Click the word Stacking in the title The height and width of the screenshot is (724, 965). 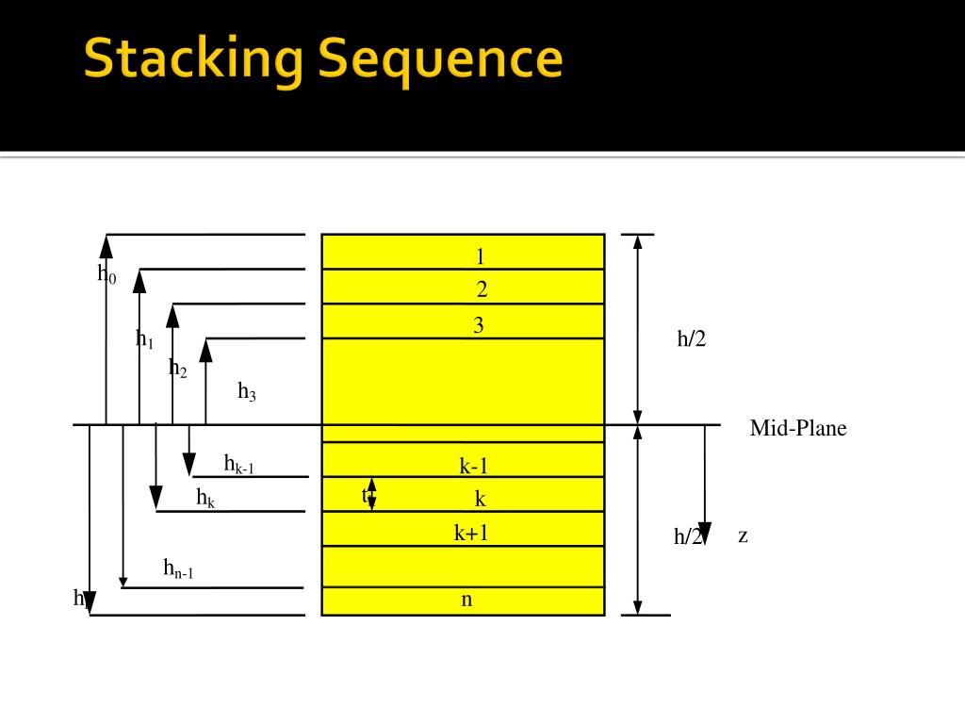(193, 59)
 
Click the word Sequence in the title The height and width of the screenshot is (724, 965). (440, 59)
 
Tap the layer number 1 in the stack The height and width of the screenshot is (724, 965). (481, 256)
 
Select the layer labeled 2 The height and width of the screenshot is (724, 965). (482, 289)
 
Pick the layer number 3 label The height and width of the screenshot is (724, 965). (479, 326)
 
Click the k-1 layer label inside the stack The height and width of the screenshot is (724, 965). (474, 465)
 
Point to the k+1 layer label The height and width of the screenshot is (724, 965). (471, 533)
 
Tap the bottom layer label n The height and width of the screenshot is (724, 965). (466, 599)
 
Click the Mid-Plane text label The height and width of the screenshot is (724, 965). (798, 429)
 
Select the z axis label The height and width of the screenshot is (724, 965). (743, 535)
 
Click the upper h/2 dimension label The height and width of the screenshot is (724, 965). (691, 339)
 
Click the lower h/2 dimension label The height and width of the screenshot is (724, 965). (687, 536)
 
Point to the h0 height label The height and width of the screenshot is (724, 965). (106, 274)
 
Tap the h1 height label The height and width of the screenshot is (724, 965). (144, 339)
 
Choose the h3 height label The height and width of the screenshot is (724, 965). (247, 391)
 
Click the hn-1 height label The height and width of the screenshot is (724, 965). (178, 568)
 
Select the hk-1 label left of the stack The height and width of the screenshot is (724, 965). (238, 463)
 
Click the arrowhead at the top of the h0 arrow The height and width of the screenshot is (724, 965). (106, 246)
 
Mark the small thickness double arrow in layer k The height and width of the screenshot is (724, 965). (371, 494)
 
